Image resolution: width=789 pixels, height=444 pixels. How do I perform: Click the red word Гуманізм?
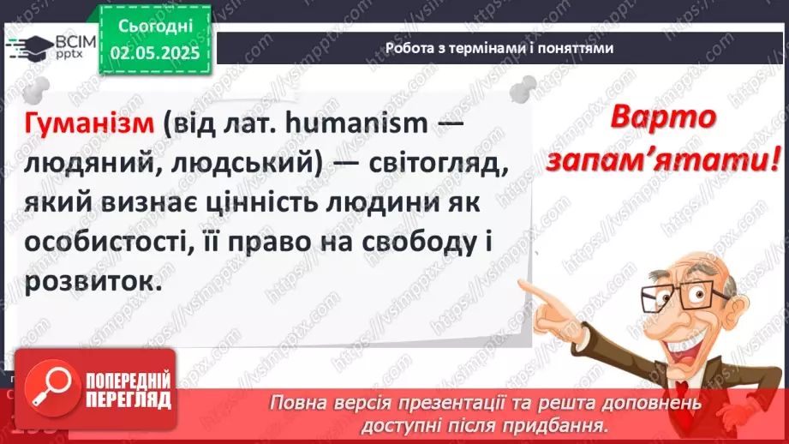[89, 123]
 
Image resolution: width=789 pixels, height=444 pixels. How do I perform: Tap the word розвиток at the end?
[92, 282]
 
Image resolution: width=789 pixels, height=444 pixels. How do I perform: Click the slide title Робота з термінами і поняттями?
[499, 49]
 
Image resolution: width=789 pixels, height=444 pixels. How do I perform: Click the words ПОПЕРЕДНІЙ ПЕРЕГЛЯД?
[123, 390]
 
